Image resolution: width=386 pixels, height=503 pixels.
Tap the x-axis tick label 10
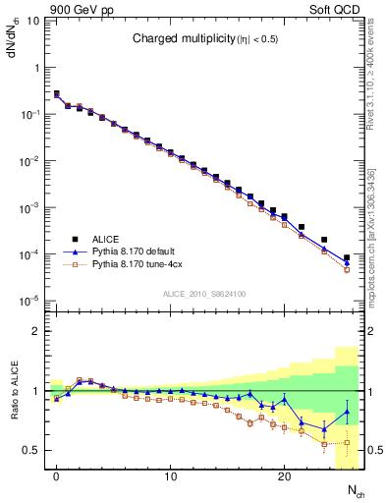(x=170, y=477)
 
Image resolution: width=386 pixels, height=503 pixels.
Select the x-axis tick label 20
(x=284, y=477)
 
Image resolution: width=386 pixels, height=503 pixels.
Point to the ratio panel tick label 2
(x=34, y=331)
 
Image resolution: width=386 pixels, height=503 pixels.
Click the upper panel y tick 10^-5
(x=27, y=301)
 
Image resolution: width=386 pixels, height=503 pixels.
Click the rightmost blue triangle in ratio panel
(x=346, y=413)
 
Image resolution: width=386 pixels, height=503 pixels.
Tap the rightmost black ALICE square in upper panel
(x=346, y=257)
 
